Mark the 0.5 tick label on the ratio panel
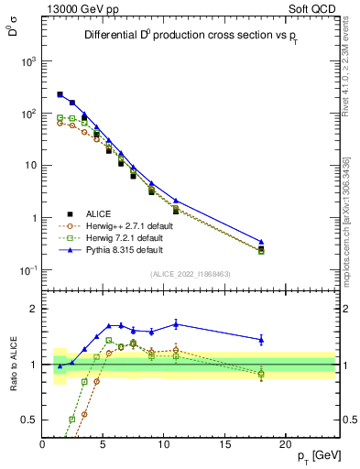27,420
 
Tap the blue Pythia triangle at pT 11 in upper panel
176,201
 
